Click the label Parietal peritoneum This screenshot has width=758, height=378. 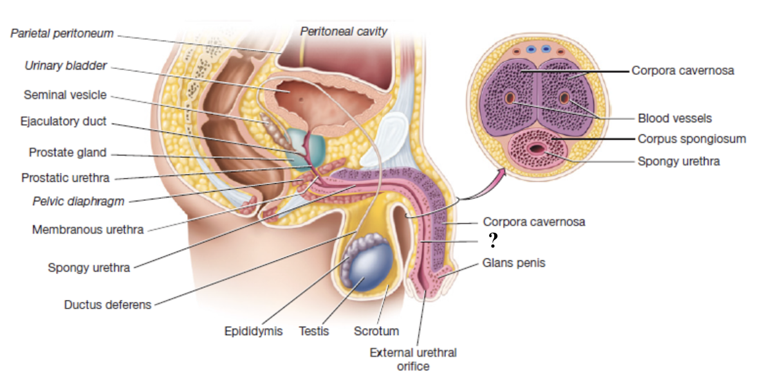pos(62,33)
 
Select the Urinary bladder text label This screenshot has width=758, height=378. pos(66,66)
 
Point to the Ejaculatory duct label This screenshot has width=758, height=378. pos(63,121)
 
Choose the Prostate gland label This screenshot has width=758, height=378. pos(68,153)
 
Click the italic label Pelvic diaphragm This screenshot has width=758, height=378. pos(78,201)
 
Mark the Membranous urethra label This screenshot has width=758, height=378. pos(88,229)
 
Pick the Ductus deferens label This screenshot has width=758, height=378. pos(107,304)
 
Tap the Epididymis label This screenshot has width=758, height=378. pos(253,331)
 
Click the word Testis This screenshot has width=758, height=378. pos(314,331)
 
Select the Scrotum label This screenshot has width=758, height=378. pos(376,331)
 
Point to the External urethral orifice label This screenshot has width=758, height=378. pos(413,359)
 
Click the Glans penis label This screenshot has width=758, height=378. pos(513,262)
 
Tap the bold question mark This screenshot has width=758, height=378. pos(493,241)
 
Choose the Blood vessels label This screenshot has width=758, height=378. pos(674,118)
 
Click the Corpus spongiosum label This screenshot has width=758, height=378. pos(692,138)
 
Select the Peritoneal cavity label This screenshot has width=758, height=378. pos(344,30)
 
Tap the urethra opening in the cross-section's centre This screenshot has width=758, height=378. pos(536,150)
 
